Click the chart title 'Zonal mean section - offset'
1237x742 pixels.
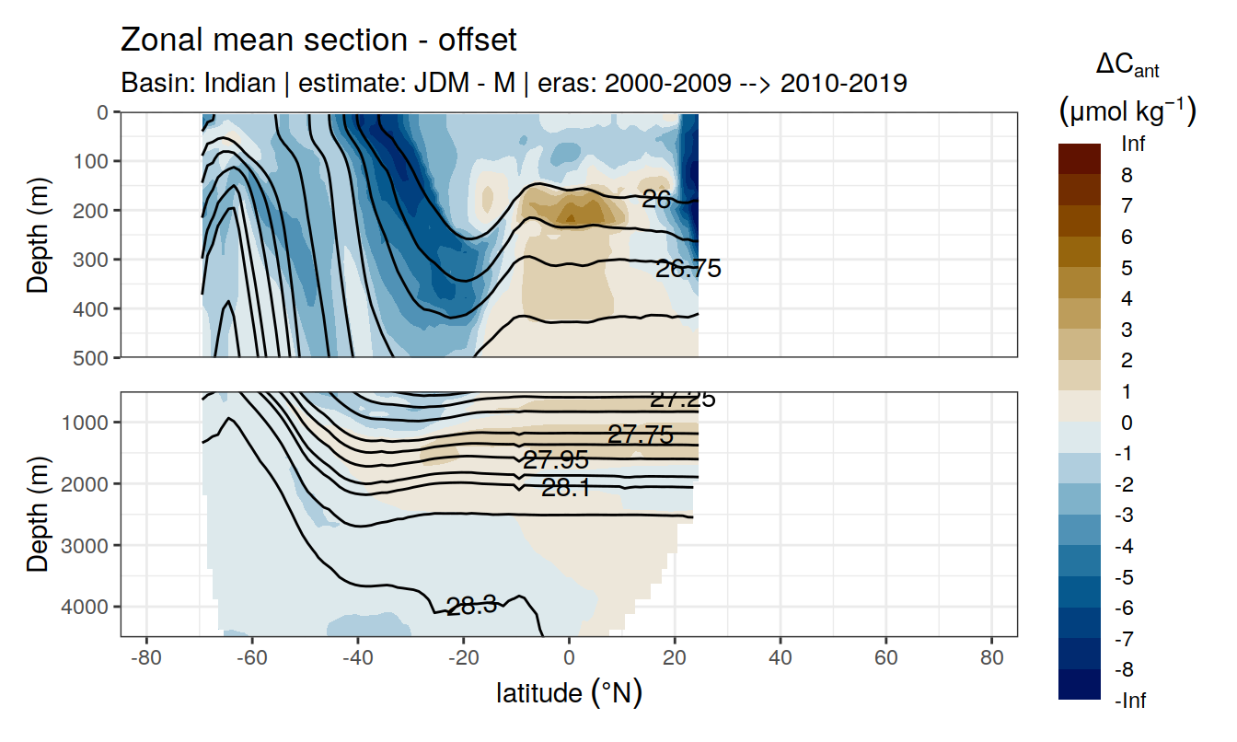[x=318, y=41]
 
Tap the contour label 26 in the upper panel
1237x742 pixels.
[x=655, y=198]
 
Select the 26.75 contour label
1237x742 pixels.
[x=688, y=269]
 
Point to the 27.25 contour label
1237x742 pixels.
[x=682, y=400]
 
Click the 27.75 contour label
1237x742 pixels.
[x=640, y=435]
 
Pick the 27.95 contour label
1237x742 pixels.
[x=555, y=460]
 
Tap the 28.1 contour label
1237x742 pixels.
[x=566, y=488]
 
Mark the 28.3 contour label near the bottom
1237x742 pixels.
[x=471, y=606]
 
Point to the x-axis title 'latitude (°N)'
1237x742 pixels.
[x=569, y=692]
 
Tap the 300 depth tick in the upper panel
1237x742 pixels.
[x=92, y=259]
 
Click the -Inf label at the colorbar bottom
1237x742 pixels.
[x=1131, y=701]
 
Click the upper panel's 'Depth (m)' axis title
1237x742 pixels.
[x=38, y=234]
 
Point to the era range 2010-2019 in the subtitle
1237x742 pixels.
[x=843, y=84]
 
